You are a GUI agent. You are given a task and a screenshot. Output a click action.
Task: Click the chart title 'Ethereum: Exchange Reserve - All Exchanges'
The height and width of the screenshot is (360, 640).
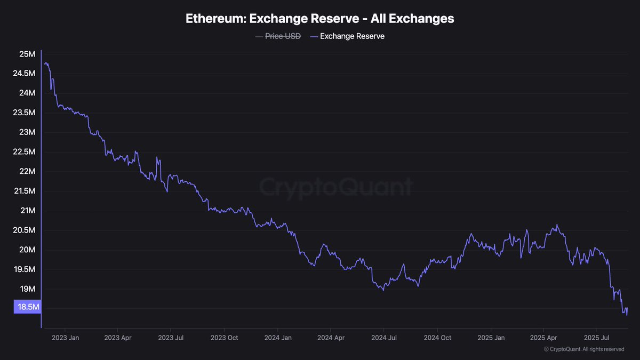tap(319, 18)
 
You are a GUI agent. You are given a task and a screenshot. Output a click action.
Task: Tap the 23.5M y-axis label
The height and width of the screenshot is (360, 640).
tap(24, 113)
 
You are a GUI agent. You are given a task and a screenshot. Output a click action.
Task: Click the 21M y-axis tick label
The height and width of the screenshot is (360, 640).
tap(27, 211)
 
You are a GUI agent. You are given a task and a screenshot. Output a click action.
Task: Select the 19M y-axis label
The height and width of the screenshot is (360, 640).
tap(27, 289)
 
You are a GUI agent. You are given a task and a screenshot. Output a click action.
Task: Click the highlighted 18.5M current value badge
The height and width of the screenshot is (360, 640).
tap(27, 307)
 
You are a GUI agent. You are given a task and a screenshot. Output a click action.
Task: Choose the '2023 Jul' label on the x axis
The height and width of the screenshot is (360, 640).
tap(171, 338)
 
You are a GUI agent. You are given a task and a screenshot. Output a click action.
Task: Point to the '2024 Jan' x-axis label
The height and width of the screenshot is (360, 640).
tap(278, 338)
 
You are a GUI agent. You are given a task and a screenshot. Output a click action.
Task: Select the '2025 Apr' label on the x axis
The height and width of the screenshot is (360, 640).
tap(545, 338)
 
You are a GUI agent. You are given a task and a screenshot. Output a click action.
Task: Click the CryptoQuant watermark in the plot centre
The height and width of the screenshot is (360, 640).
tap(336, 187)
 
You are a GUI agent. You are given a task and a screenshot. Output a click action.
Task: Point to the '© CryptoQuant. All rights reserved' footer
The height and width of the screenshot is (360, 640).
tap(584, 349)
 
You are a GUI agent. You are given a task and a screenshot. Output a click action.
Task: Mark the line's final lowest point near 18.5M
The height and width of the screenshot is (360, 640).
tap(627, 315)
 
